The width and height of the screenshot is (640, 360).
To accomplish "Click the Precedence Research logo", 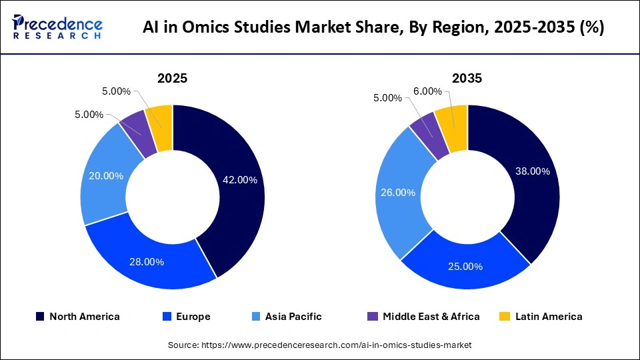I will [x=57, y=27].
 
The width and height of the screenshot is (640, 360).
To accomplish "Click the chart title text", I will [x=373, y=29].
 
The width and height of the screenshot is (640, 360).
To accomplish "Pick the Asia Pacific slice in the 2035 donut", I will [x=393, y=193].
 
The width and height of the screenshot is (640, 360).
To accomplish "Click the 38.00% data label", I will [x=532, y=171].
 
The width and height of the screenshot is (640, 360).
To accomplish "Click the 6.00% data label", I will [x=427, y=91].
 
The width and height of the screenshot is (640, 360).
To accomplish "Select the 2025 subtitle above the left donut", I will [x=172, y=78].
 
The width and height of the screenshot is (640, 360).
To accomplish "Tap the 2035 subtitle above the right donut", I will [x=467, y=78].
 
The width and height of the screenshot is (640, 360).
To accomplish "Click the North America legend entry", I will [x=78, y=317].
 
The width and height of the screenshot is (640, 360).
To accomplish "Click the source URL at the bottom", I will [x=320, y=345].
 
